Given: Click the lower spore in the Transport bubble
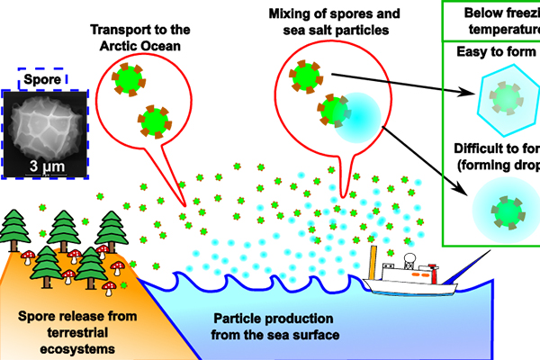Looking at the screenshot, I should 156,120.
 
